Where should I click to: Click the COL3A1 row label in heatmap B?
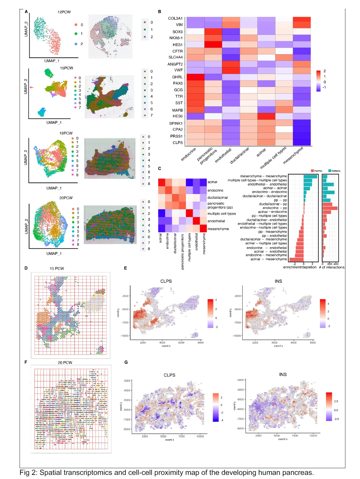click(175, 18)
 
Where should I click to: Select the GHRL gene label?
click(177, 77)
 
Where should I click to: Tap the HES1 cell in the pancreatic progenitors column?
click(213, 44)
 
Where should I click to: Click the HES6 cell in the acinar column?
click(266, 116)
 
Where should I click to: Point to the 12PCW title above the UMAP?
click(64, 12)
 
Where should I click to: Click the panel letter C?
click(160, 169)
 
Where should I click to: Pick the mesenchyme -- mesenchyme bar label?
click(263, 176)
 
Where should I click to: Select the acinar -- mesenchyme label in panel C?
click(268, 259)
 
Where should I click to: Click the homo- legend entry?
click(317, 171)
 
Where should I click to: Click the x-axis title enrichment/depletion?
click(300, 267)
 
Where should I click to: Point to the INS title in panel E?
click(278, 281)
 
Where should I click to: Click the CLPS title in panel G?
click(169, 375)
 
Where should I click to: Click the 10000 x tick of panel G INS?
click(313, 435)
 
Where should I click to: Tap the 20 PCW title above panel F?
click(65, 363)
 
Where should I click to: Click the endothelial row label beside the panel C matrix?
click(216, 221)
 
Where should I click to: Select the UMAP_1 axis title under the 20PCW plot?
click(54, 253)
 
